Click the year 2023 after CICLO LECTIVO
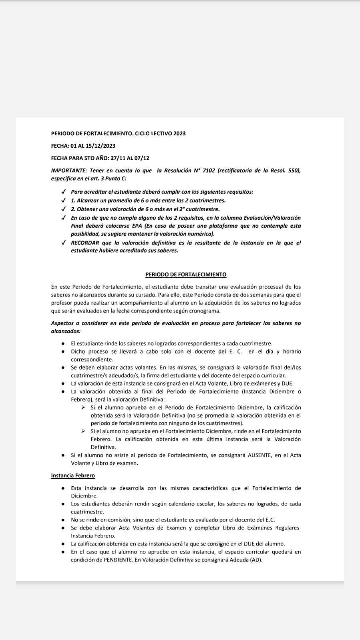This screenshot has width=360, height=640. point(179,133)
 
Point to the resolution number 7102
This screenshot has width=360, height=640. point(209,171)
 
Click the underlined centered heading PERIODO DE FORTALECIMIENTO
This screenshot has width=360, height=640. point(186,275)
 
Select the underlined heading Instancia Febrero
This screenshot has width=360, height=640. point(73,475)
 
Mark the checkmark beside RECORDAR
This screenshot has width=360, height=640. point(63,243)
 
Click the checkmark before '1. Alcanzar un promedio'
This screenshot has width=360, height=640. point(63,200)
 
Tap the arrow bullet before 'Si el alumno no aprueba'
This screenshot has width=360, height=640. point(83,431)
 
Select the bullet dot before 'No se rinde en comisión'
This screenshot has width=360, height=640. point(63,520)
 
